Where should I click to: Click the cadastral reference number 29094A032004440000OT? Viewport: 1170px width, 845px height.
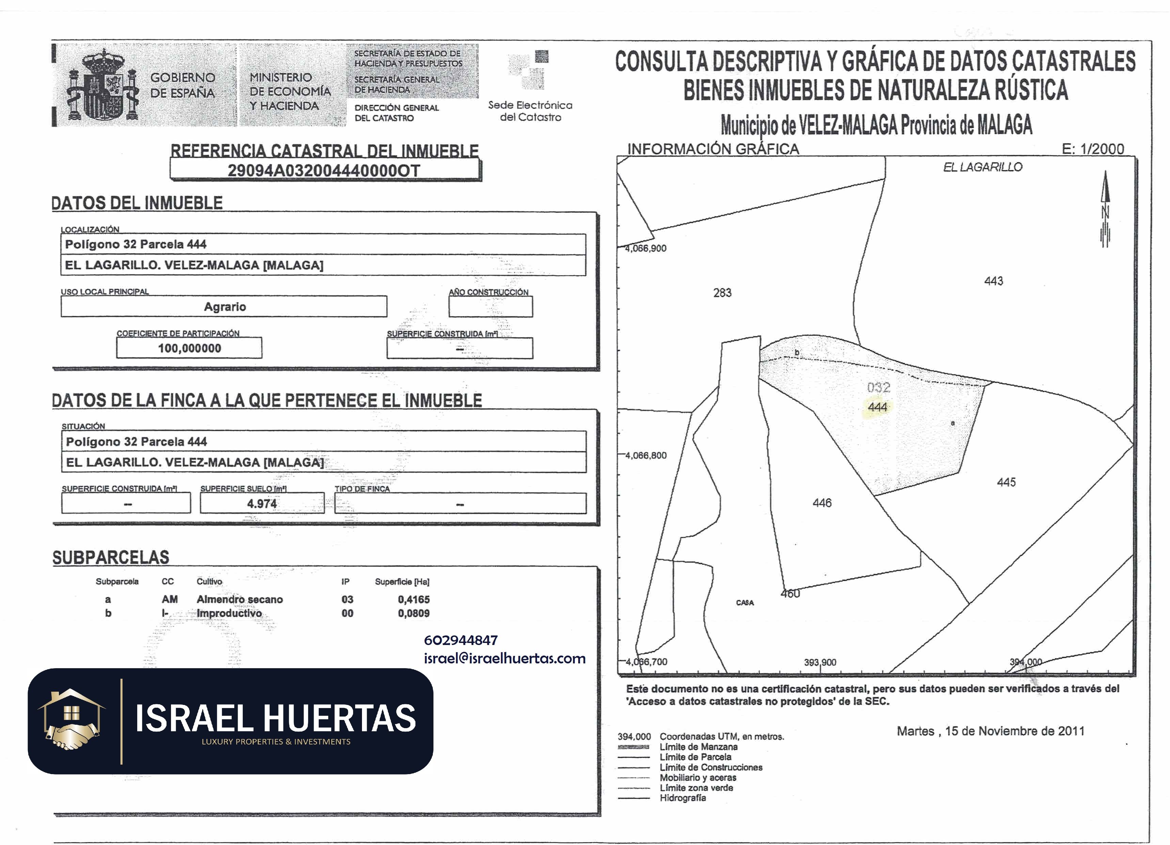324,170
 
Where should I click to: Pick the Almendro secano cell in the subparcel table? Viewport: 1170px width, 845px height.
239,599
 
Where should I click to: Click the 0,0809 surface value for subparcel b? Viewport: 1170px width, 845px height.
413,613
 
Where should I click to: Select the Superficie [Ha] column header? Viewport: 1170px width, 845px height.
402,582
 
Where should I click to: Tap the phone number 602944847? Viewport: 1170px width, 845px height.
461,640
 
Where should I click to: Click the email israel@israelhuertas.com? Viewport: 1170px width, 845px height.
505,658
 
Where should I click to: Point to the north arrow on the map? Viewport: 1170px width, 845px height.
1105,209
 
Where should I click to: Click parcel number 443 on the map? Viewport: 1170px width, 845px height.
994,281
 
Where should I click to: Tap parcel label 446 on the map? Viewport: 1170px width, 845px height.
822,503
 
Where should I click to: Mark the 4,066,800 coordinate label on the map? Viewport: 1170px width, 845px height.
646,455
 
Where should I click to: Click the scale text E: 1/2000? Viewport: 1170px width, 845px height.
1093,149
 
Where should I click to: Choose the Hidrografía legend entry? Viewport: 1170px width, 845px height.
682,798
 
